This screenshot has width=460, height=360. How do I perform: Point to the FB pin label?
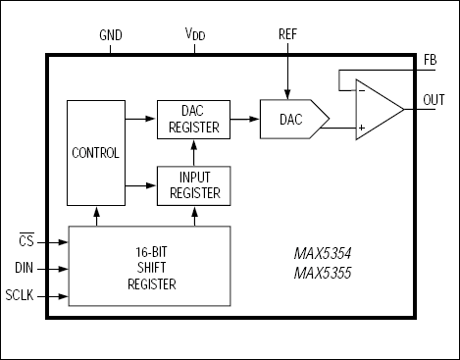[431, 59]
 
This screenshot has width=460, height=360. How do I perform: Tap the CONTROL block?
[95, 153]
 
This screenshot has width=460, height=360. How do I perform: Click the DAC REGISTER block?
[192, 120]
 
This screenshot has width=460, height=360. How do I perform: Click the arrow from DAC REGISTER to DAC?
[244, 120]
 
